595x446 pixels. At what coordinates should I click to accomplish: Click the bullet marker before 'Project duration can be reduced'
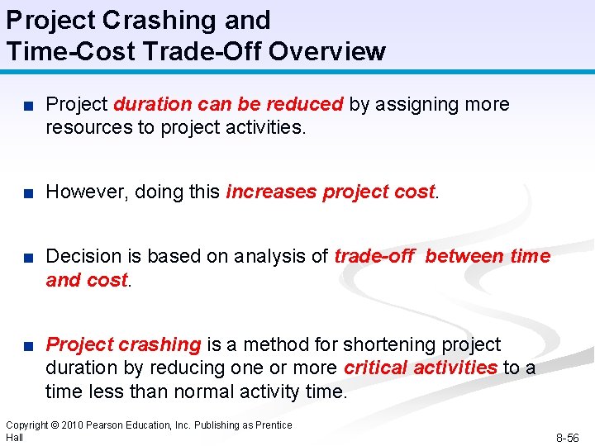coord(27,105)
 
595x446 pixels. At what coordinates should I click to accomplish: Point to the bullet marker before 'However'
coord(27,192)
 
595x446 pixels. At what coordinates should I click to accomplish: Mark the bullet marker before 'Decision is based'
coord(27,257)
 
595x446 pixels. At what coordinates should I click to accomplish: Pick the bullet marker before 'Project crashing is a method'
coord(27,344)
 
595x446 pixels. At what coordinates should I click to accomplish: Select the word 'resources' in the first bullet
coord(84,127)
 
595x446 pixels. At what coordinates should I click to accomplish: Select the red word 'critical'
coord(375,367)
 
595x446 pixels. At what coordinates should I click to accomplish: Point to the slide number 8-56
coord(567,438)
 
